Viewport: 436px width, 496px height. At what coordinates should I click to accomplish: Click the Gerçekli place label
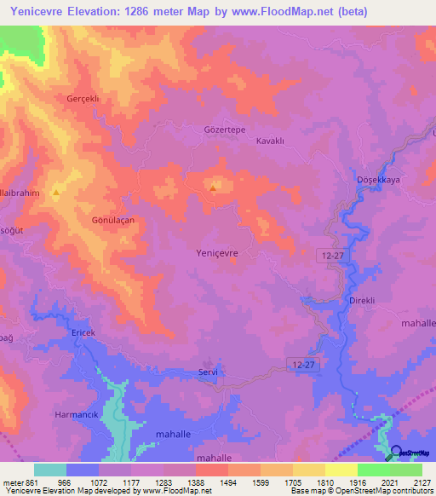83,99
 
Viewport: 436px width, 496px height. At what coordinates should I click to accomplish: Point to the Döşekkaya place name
377,180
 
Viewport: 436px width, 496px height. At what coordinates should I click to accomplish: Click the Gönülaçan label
113,220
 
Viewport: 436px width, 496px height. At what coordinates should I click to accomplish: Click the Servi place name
209,372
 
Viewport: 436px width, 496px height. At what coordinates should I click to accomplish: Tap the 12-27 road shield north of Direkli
333,255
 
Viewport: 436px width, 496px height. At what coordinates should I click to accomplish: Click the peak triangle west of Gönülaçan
56,193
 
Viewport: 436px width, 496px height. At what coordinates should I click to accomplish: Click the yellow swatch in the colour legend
341,470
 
